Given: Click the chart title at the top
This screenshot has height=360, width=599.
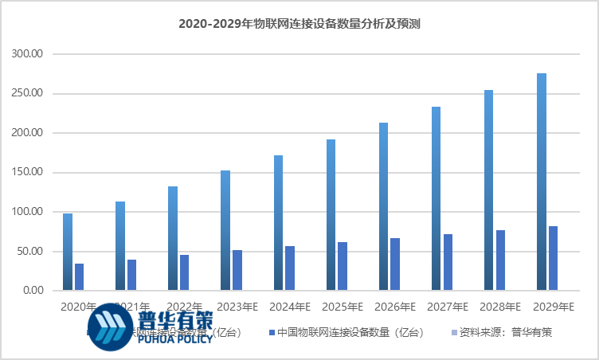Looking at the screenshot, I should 299,25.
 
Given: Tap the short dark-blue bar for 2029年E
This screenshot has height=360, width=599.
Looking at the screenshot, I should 554,258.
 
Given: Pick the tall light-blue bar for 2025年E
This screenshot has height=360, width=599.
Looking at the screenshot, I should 331,215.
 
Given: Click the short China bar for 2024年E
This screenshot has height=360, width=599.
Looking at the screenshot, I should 290,268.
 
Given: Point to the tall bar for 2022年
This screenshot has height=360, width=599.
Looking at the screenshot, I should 173,238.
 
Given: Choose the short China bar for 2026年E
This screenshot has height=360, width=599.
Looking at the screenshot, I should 395,264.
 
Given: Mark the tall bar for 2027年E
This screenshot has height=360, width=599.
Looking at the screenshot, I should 436,198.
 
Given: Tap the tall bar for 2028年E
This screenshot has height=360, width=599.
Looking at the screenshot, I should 488,190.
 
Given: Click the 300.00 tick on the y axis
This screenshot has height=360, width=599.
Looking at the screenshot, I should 29,54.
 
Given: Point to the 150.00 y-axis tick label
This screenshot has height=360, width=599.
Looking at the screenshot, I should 29,173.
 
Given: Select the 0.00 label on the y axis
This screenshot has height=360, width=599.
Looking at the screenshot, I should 33,291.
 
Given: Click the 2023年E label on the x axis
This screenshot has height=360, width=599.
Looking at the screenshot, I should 237,307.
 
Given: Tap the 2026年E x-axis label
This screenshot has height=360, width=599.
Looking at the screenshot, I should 396,307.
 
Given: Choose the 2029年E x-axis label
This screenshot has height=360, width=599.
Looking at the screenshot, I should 554,307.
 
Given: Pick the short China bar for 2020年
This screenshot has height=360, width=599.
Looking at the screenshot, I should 79,277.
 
